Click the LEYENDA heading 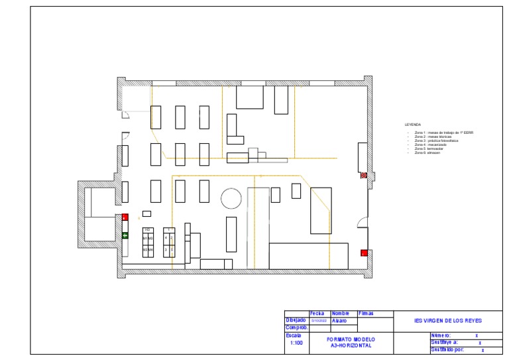[412, 124]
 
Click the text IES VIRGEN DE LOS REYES [443, 320]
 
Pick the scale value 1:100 [296, 343]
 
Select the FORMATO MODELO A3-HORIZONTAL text [351, 342]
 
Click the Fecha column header [317, 313]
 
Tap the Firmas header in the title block [366, 313]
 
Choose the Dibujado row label [295, 320]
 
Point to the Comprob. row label [296, 327]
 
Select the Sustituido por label [447, 349]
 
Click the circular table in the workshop [231, 198]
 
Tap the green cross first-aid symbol [125, 235]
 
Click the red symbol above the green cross [125, 217]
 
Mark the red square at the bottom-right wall [363, 253]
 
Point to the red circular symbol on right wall [363, 176]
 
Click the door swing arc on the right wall [362, 223]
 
